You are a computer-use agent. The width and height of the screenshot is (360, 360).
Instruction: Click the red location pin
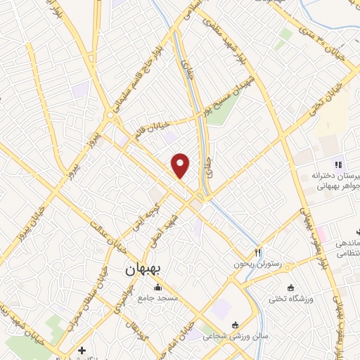pyautogui.click(x=181, y=165)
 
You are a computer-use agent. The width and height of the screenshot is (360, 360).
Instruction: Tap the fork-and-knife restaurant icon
pyautogui.click(x=258, y=252)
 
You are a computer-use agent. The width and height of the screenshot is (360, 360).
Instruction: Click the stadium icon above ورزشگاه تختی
pyautogui.click(x=290, y=288)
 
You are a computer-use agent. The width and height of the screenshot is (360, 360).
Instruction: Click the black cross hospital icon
pyautogui.click(x=82, y=350)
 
